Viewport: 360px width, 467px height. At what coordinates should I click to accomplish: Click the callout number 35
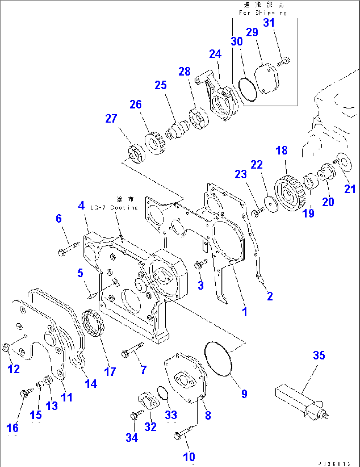click(319, 355)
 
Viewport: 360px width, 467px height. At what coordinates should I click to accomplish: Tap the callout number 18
click(281, 151)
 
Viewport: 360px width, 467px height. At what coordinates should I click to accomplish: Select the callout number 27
click(111, 119)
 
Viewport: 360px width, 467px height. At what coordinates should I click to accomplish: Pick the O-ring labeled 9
click(218, 359)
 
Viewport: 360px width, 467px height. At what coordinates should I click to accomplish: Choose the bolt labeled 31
click(284, 61)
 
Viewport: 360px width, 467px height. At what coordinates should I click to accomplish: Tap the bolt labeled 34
click(136, 415)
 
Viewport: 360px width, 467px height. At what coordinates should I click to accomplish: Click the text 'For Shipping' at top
click(263, 13)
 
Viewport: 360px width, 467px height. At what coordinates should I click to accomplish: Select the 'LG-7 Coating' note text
click(114, 207)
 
